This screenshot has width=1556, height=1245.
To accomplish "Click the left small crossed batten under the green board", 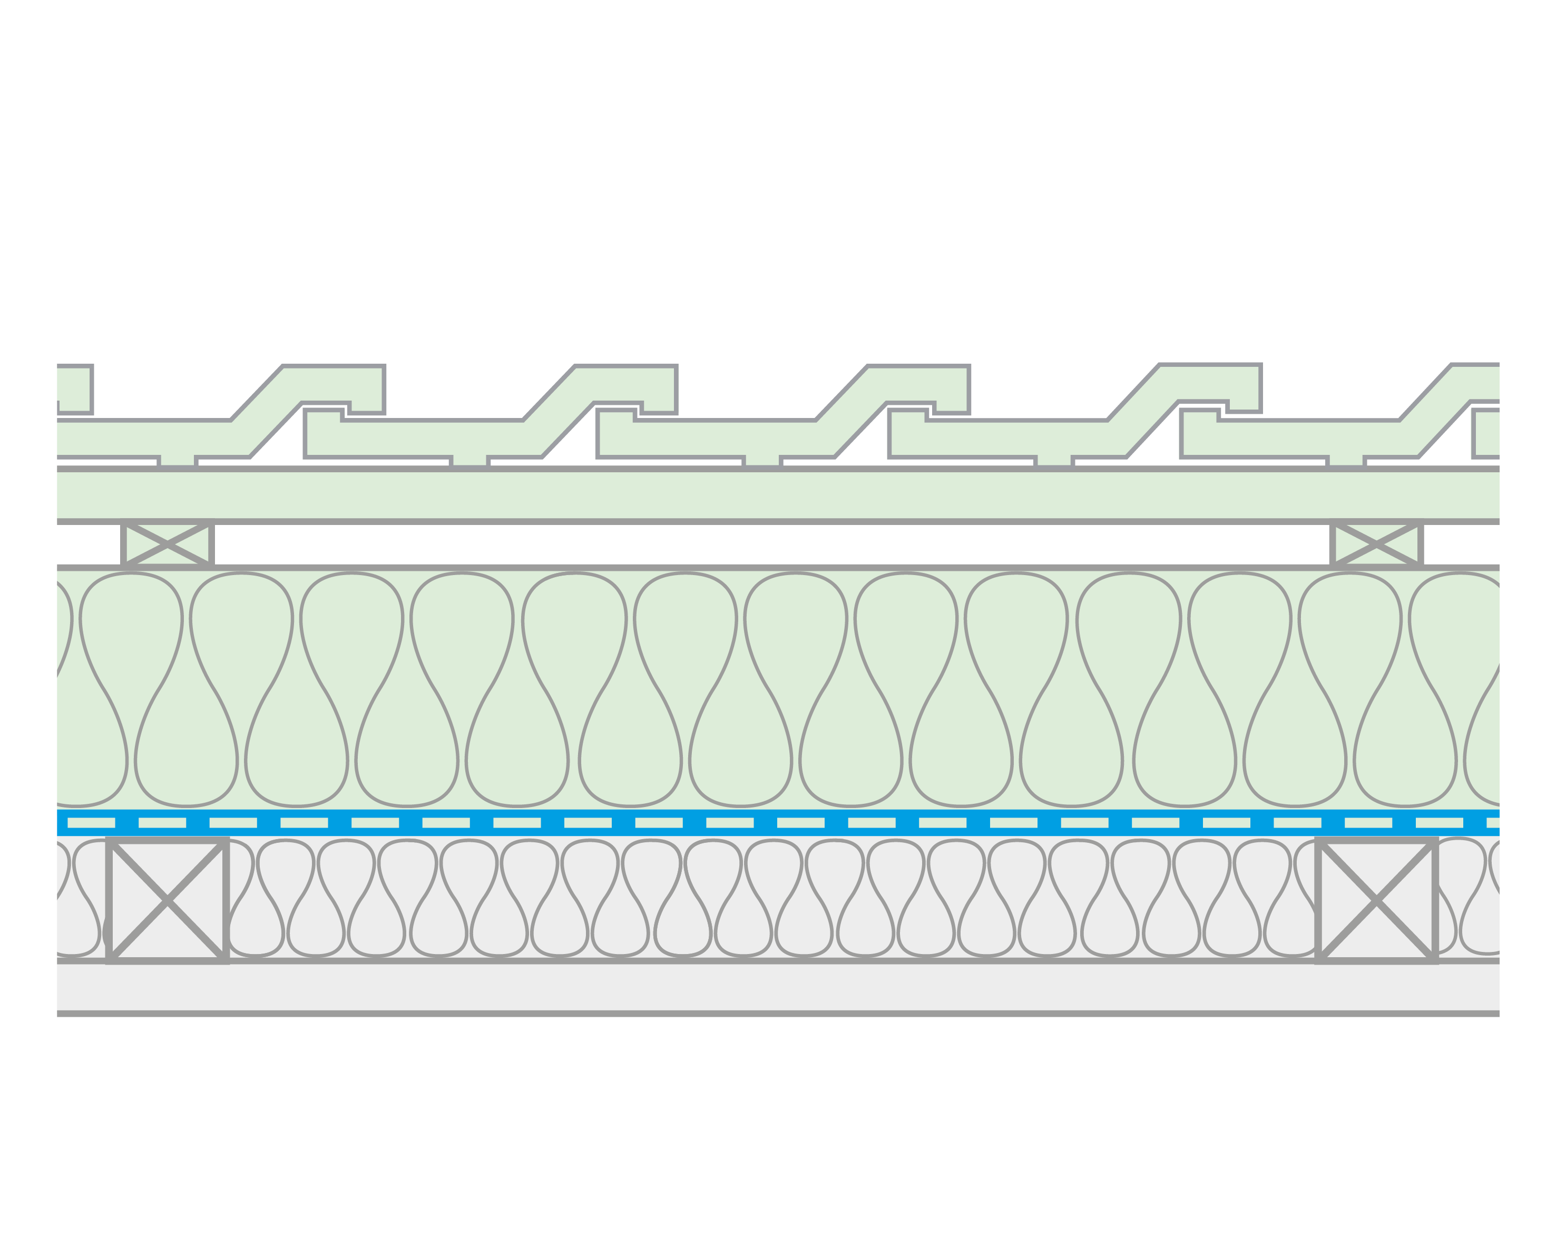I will tap(168, 544).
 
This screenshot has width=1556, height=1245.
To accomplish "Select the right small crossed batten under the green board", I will tap(1376, 544).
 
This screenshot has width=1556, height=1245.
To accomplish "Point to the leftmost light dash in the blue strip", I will tap(91, 823).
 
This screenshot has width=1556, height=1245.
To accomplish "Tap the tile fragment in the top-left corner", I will tap(74, 390).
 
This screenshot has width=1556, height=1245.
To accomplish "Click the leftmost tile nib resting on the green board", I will tap(177, 462).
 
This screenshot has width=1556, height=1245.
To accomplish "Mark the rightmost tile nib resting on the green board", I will tap(1345, 462).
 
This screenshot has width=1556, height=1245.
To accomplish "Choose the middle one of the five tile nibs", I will tap(761, 462).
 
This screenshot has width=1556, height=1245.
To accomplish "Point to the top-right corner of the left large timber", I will tap(226, 841).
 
